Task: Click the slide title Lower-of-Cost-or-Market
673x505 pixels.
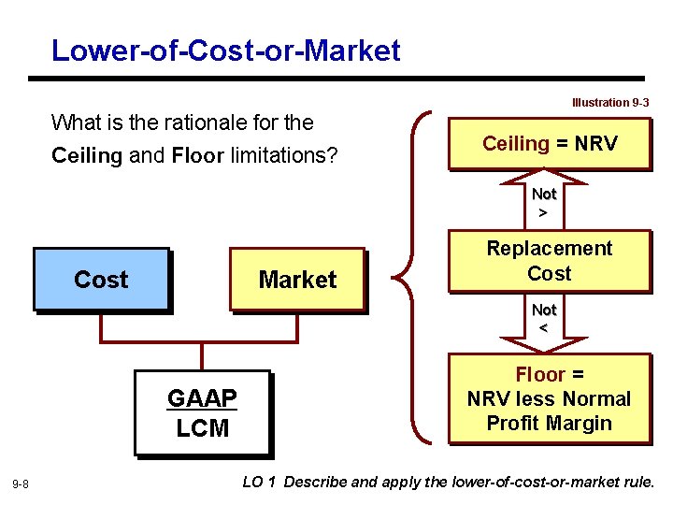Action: [x=225, y=50]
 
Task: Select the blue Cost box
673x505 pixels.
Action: [x=101, y=279]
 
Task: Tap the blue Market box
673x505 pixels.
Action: [x=297, y=279]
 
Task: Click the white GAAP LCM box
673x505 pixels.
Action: [x=202, y=413]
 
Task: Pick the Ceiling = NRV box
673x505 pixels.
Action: [x=550, y=143]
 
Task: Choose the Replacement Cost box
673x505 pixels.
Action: [x=550, y=261]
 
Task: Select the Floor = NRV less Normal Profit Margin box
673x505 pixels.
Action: [x=550, y=398]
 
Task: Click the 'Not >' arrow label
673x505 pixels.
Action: [x=544, y=203]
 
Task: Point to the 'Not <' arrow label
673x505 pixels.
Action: [x=544, y=318]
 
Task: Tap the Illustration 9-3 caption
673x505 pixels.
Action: [x=610, y=102]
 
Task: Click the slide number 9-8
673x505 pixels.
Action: [x=21, y=483]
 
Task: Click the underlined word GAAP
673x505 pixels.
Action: [x=202, y=399]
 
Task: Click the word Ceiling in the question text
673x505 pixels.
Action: [x=86, y=155]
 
